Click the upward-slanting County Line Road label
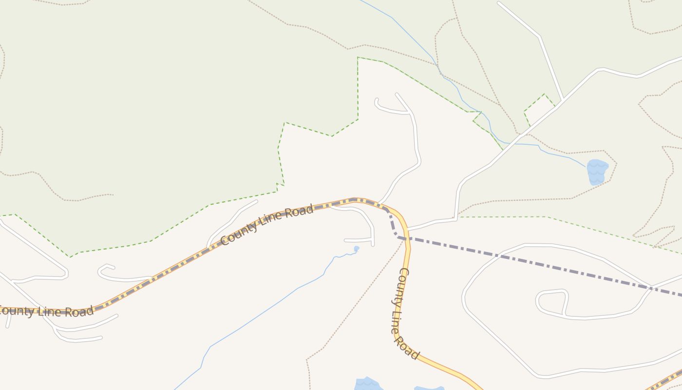tap(266, 225)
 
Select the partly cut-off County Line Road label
tap(46, 311)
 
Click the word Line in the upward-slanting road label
tap(274, 221)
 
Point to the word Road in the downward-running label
tap(406, 347)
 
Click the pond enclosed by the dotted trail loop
tap(597, 172)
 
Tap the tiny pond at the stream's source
tap(357, 249)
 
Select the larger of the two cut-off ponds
tap(368, 384)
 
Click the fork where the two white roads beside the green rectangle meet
tap(563, 101)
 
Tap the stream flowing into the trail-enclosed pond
tap(560, 154)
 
